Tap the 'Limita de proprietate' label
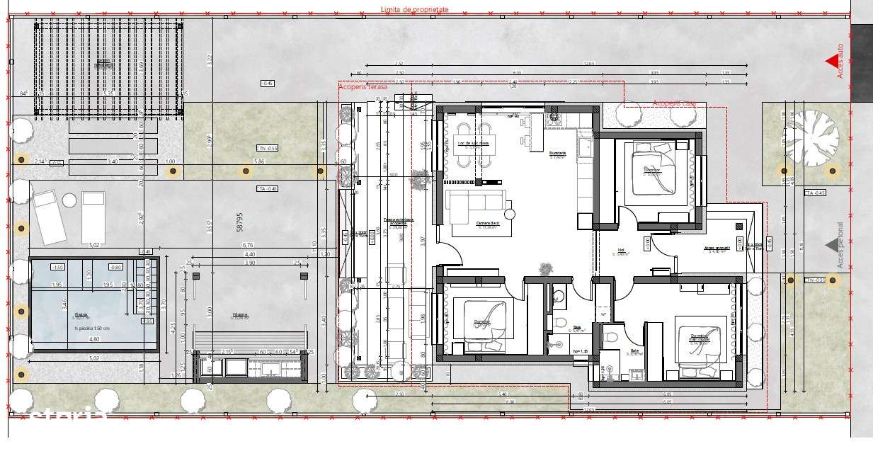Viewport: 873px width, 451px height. pos(414,10)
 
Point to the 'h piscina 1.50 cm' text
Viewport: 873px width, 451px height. pos(85,328)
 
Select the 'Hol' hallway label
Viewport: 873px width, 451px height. pos(620,250)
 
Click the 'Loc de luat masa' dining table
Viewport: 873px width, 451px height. pos(474,144)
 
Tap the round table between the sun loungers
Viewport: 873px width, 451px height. pos(69,201)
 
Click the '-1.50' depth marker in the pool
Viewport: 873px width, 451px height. pos(59,267)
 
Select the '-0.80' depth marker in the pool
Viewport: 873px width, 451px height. pos(115,267)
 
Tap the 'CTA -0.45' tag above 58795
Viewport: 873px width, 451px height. pos(267,188)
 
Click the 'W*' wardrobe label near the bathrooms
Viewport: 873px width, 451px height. pos(603,313)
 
